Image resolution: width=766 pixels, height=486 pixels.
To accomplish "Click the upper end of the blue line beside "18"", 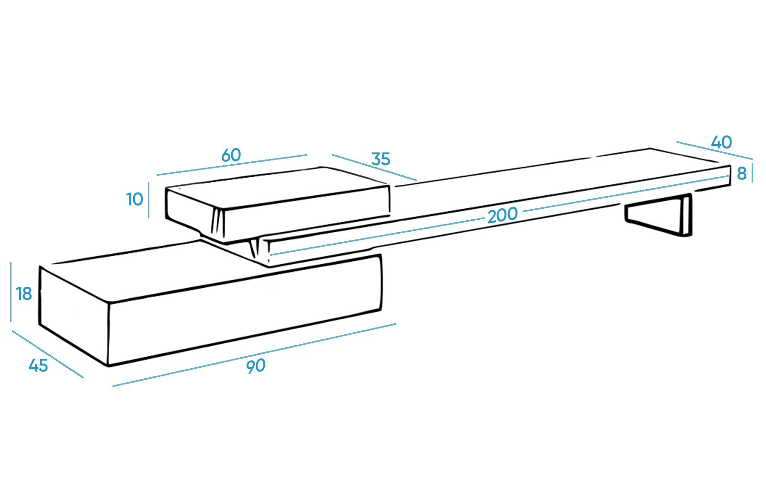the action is pyautogui.click(x=11, y=263).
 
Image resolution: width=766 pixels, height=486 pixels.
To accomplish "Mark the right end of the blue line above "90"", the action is pyautogui.click(x=396, y=324).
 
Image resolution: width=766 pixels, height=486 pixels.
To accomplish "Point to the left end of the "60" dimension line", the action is pyautogui.click(x=157, y=175).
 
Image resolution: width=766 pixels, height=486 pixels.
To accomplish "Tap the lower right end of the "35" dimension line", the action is pyautogui.click(x=417, y=180).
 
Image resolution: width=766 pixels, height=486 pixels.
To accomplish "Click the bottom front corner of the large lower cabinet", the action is pyautogui.click(x=108, y=366).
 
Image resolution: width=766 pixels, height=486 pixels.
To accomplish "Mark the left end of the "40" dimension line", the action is pyautogui.click(x=677, y=142).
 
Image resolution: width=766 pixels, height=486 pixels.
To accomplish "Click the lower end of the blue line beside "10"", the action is pyautogui.click(x=148, y=218).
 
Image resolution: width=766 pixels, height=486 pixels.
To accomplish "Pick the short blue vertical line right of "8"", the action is pyautogui.click(x=752, y=172).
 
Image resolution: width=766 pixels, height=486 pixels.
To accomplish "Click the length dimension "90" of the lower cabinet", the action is pyautogui.click(x=256, y=366).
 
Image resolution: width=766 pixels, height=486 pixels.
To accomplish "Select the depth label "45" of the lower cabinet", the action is pyautogui.click(x=38, y=366).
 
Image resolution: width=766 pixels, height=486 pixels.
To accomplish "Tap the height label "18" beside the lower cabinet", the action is pyautogui.click(x=24, y=294).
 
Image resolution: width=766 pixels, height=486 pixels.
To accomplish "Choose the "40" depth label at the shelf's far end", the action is pyautogui.click(x=721, y=142).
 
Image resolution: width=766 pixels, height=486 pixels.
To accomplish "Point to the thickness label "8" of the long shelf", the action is pyautogui.click(x=742, y=173).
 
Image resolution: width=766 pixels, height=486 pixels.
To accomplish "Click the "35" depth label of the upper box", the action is pyautogui.click(x=381, y=159).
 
